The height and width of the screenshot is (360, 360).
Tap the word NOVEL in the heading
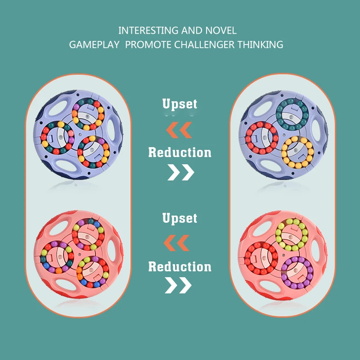[221, 31]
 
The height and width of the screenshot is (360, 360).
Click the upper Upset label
[180, 104]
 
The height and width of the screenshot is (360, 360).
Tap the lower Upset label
[180, 219]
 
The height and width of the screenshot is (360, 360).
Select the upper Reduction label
[180, 153]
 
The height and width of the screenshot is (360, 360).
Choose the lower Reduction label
[180, 267]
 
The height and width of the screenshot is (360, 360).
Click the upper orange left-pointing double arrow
[179, 130]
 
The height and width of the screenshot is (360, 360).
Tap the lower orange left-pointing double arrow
[176, 243]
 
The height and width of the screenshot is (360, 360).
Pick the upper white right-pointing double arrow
[180, 172]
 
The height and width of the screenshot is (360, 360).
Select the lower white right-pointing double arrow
[178, 285]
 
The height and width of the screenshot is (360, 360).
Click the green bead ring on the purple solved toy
[292, 114]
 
